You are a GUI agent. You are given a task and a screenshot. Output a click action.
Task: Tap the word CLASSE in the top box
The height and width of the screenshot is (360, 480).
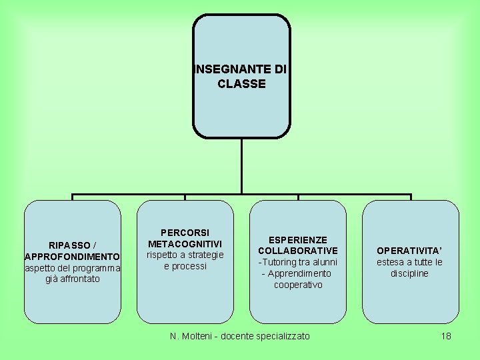[x=241, y=84]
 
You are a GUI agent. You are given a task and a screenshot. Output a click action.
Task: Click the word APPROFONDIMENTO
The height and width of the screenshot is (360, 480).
[x=72, y=257]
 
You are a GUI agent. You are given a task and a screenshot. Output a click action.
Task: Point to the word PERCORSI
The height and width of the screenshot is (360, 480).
[x=185, y=233]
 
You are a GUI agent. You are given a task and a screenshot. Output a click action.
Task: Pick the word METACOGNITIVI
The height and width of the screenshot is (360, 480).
[x=185, y=244]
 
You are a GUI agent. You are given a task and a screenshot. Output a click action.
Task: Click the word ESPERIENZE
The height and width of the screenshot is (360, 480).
[x=297, y=239]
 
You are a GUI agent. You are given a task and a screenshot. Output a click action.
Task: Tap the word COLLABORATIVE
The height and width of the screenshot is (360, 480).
[x=298, y=251]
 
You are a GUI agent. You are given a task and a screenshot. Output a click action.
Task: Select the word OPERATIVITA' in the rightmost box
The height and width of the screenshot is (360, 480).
[x=409, y=251]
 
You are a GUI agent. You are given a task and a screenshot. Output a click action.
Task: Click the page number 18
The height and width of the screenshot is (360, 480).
[x=446, y=336]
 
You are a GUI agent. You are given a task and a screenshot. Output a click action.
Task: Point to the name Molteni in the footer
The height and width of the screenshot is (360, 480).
[x=201, y=336]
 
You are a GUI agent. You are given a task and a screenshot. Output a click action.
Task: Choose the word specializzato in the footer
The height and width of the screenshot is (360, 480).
[x=283, y=336]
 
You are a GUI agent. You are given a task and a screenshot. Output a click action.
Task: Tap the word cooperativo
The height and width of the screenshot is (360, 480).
[x=298, y=285]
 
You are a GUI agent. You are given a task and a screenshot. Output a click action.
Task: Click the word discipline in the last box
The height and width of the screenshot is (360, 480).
[x=409, y=273]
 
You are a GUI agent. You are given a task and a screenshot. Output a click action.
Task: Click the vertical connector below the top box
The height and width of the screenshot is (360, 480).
[x=241, y=167]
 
